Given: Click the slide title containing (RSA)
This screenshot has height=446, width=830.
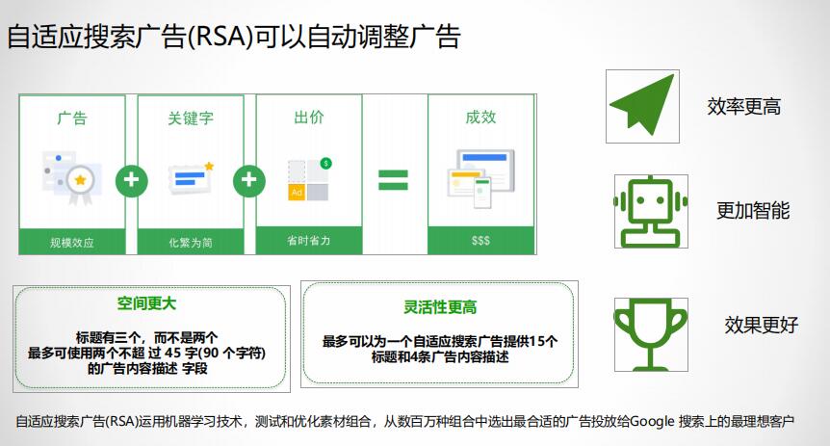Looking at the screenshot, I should [234, 37].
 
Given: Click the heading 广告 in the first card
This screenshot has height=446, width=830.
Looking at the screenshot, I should [72, 118].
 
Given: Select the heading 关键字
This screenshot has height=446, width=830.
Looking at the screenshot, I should [190, 118].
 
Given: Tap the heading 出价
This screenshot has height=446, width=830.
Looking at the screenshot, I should [308, 118].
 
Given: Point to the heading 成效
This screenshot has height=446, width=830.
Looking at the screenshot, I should [480, 118].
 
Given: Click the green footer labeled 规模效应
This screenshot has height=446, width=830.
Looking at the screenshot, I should [72, 241].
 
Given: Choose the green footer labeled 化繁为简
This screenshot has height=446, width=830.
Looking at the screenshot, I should [190, 241].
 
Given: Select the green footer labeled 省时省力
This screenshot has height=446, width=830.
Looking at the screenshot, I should [308, 241].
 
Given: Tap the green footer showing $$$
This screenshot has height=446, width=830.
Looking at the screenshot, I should [480, 241].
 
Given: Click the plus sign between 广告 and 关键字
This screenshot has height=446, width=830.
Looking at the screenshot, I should [131, 179].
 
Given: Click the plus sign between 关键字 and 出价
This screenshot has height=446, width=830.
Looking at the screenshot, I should [248, 179].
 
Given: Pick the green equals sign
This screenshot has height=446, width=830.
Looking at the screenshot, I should [392, 180].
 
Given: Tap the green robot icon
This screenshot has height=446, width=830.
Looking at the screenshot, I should [650, 211].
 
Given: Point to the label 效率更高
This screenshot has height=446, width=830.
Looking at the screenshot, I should [743, 107].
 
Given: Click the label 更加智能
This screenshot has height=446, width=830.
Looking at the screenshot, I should [753, 211].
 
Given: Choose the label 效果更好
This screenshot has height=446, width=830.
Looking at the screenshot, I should [761, 325].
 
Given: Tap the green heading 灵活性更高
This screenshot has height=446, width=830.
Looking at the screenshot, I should [439, 307].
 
